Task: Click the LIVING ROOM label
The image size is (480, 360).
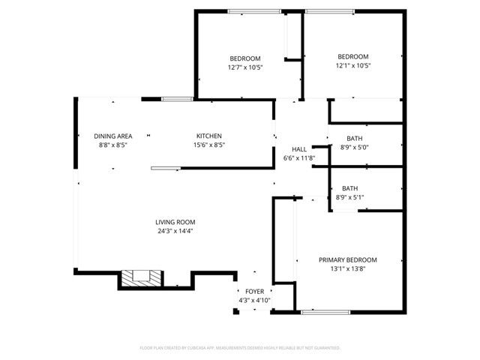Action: pos(175,222)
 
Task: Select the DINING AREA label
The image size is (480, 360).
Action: pos(113,136)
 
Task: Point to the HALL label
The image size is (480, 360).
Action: pos(298,149)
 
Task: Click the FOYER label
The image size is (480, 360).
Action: pos(253,291)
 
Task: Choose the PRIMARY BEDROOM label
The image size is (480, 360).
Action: pos(347,259)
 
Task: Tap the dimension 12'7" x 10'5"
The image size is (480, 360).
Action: pos(244,67)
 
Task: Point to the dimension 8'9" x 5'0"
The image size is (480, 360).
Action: pos(355,148)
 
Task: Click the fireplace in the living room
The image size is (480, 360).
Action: pos(141,277)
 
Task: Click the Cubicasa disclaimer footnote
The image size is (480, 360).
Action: pos(240,348)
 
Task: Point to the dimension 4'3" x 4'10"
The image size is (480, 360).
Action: pos(253,300)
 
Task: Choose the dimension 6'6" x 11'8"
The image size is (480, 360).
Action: pos(298,158)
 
